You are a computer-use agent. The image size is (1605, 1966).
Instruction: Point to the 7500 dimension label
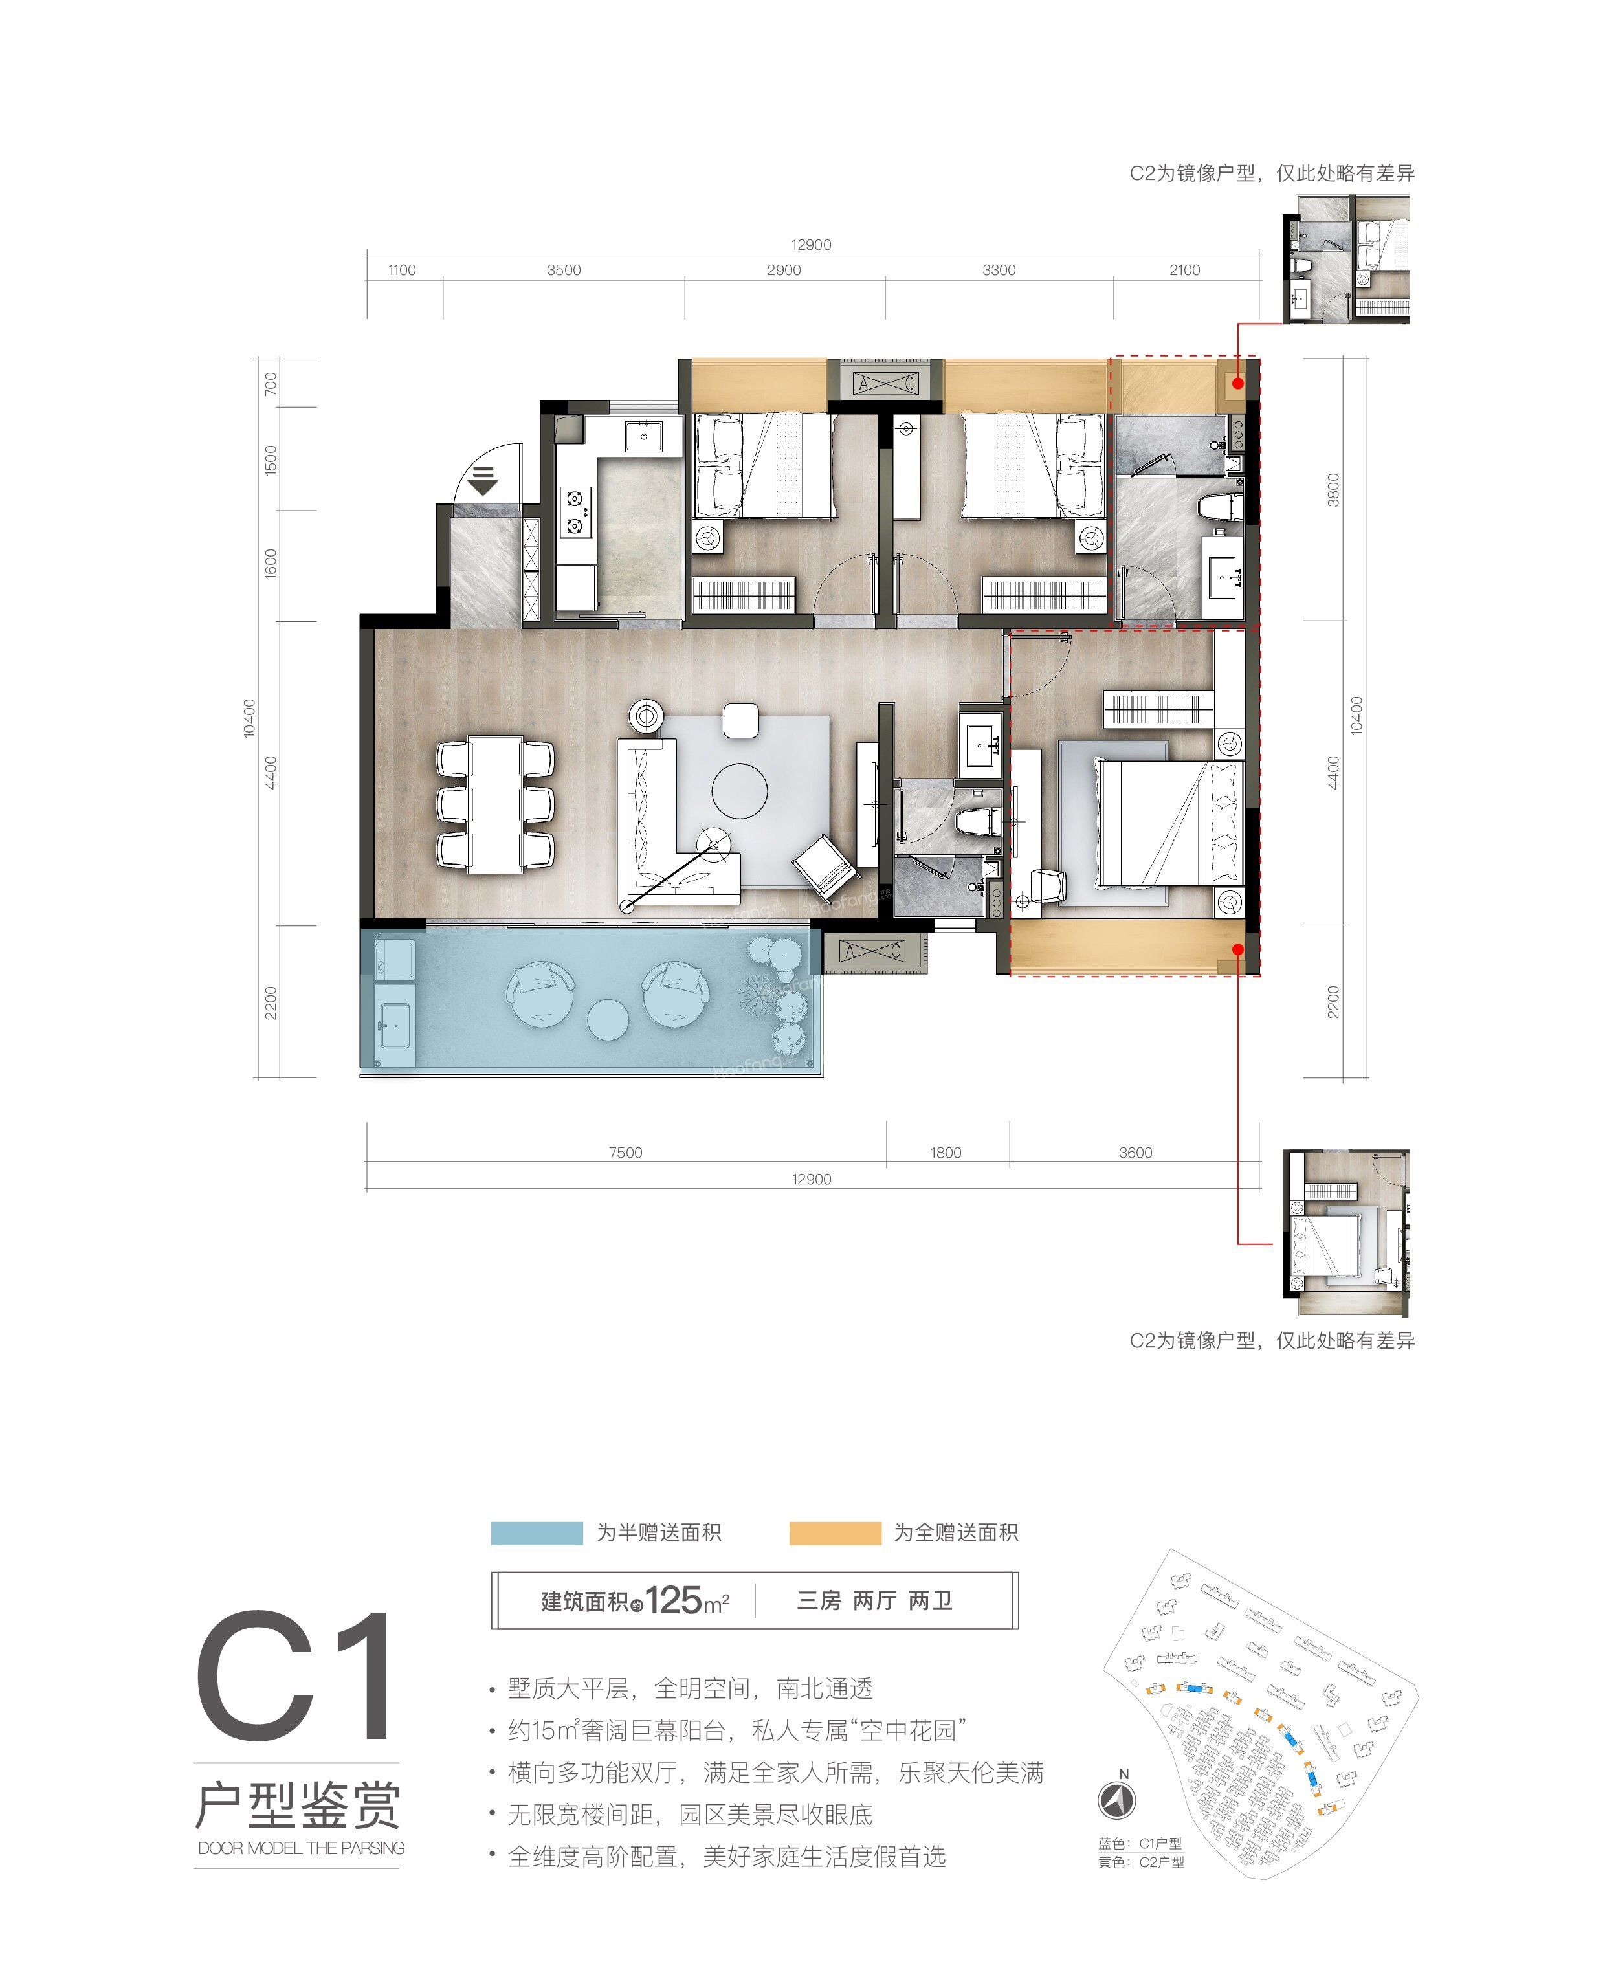(625, 1153)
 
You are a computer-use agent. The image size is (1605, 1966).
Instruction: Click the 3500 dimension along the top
(563, 270)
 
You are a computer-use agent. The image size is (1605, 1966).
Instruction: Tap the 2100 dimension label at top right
(1184, 270)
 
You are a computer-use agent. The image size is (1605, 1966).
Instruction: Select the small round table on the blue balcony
(608, 1019)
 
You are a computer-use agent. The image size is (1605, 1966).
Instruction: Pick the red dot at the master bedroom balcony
(1238, 948)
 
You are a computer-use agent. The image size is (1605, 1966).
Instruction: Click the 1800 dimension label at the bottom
(945, 1153)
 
